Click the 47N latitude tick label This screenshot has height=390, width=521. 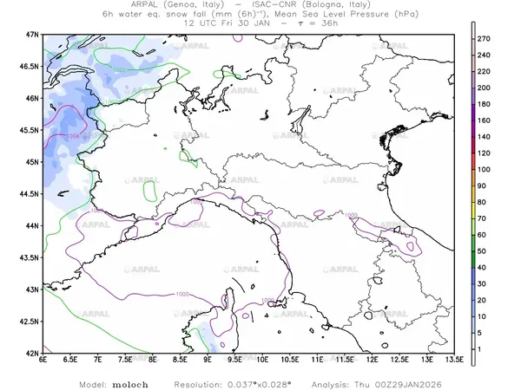(33, 34)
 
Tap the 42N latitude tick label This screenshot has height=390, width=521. (33, 354)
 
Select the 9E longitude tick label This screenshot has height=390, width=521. (208, 362)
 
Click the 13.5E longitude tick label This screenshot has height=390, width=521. (452, 362)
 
